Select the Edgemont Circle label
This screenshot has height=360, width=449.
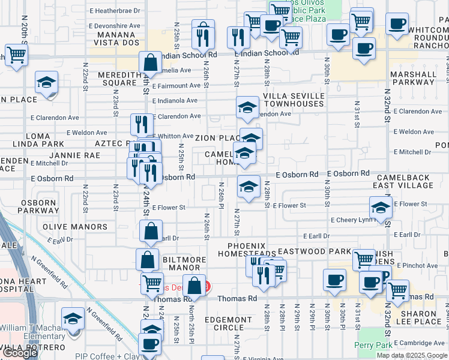(x=228, y=323)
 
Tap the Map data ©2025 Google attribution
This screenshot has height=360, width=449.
(x=411, y=355)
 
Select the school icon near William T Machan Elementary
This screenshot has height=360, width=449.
(x=73, y=317)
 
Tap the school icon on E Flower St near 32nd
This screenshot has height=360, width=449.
(x=380, y=208)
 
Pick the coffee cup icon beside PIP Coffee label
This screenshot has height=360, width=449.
(x=150, y=344)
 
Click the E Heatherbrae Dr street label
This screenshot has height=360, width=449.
(x=114, y=11)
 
